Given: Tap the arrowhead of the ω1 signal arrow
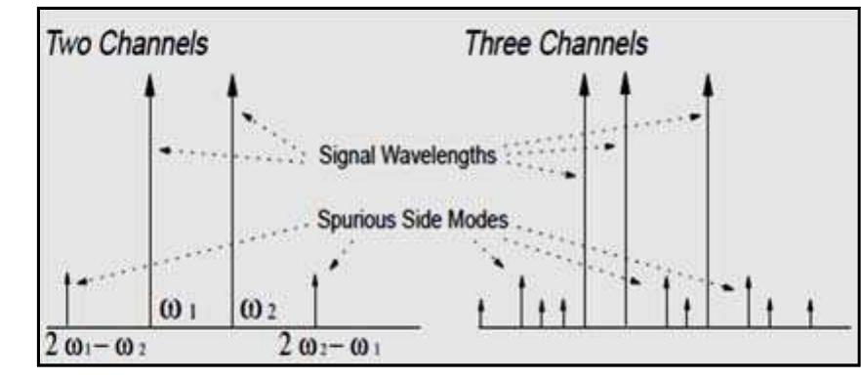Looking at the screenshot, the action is (149, 84).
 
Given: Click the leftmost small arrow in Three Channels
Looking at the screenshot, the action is (480, 313).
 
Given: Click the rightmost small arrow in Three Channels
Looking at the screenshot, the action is (811, 313).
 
